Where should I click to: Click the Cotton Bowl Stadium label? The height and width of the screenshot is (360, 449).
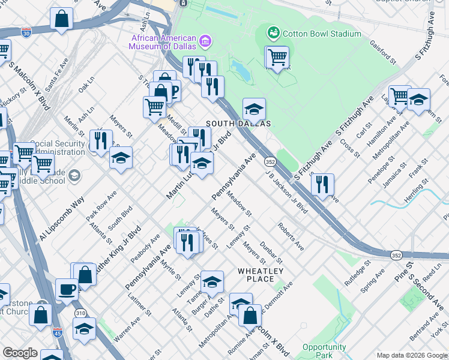click(x=322, y=34)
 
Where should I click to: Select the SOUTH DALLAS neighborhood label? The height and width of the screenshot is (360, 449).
click(x=238, y=123)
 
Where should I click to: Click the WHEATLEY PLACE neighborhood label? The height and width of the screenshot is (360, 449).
click(x=260, y=275)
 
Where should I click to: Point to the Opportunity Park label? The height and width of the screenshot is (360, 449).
click(x=324, y=351)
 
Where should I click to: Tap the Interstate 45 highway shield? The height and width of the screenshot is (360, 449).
click(x=58, y=331)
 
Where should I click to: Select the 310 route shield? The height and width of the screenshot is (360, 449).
click(x=80, y=313)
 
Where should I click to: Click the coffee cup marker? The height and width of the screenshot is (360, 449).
click(x=67, y=289)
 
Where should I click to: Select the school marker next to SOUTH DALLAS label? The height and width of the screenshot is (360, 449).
click(x=254, y=109)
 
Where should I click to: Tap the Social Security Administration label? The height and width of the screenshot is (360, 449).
click(x=58, y=148)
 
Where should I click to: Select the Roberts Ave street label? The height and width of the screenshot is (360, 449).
click(x=291, y=237)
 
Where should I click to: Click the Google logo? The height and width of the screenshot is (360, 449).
click(x=20, y=353)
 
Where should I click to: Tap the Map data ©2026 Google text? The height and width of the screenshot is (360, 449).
click(x=411, y=355)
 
